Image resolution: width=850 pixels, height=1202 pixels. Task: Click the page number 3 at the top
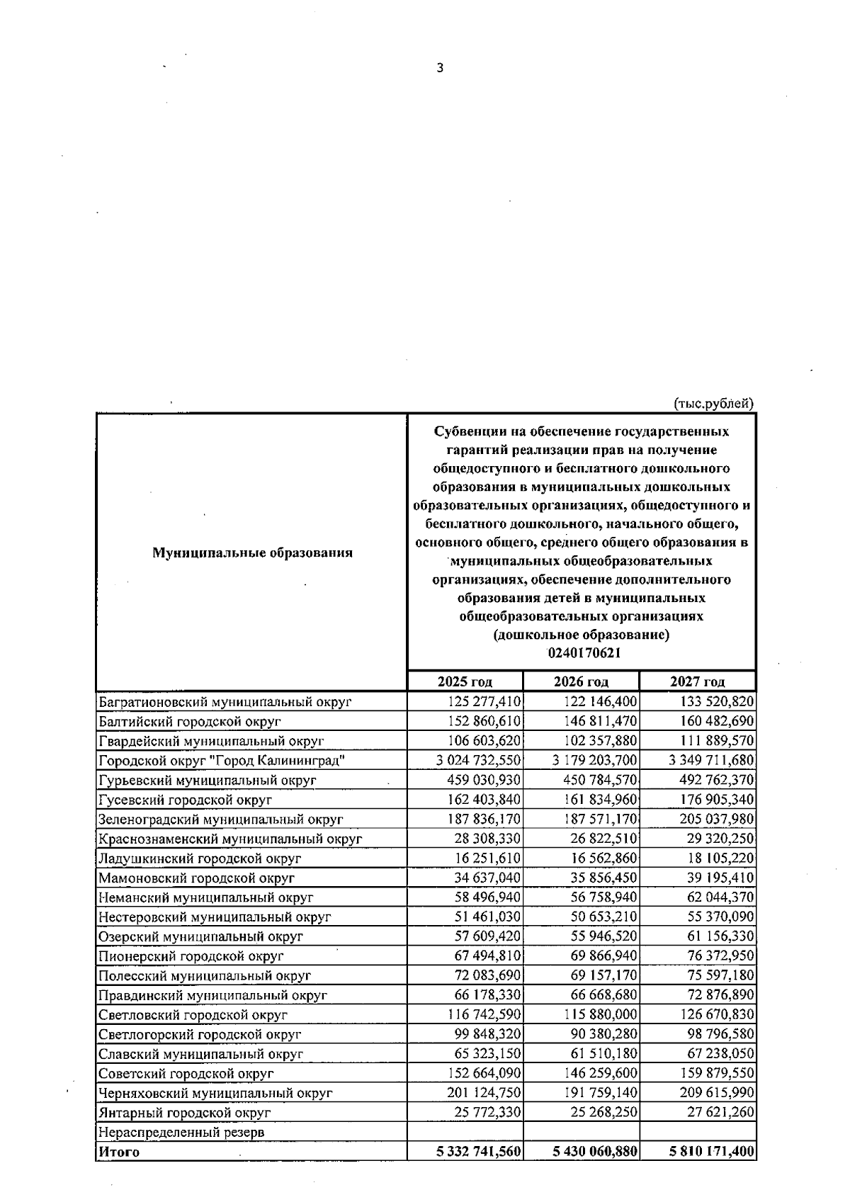(x=440, y=69)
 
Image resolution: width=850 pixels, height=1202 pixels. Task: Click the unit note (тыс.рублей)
(x=713, y=404)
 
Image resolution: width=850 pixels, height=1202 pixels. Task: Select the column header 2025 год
(x=465, y=681)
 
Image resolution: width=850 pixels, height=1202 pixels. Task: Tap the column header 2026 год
(x=581, y=681)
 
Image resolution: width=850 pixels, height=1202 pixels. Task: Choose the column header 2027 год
(x=697, y=681)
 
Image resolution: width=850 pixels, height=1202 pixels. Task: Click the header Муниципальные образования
(x=252, y=552)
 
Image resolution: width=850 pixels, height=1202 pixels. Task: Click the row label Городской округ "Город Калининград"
(x=222, y=761)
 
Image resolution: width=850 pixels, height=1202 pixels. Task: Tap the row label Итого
(x=119, y=1152)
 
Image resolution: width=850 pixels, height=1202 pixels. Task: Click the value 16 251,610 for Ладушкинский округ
(x=484, y=858)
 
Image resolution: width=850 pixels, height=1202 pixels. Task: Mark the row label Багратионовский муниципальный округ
(x=225, y=702)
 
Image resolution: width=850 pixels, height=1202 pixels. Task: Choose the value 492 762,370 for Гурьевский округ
(x=717, y=780)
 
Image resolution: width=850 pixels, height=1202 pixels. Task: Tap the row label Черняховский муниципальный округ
(x=215, y=1093)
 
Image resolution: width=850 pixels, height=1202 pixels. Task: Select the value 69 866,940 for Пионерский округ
(x=601, y=956)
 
